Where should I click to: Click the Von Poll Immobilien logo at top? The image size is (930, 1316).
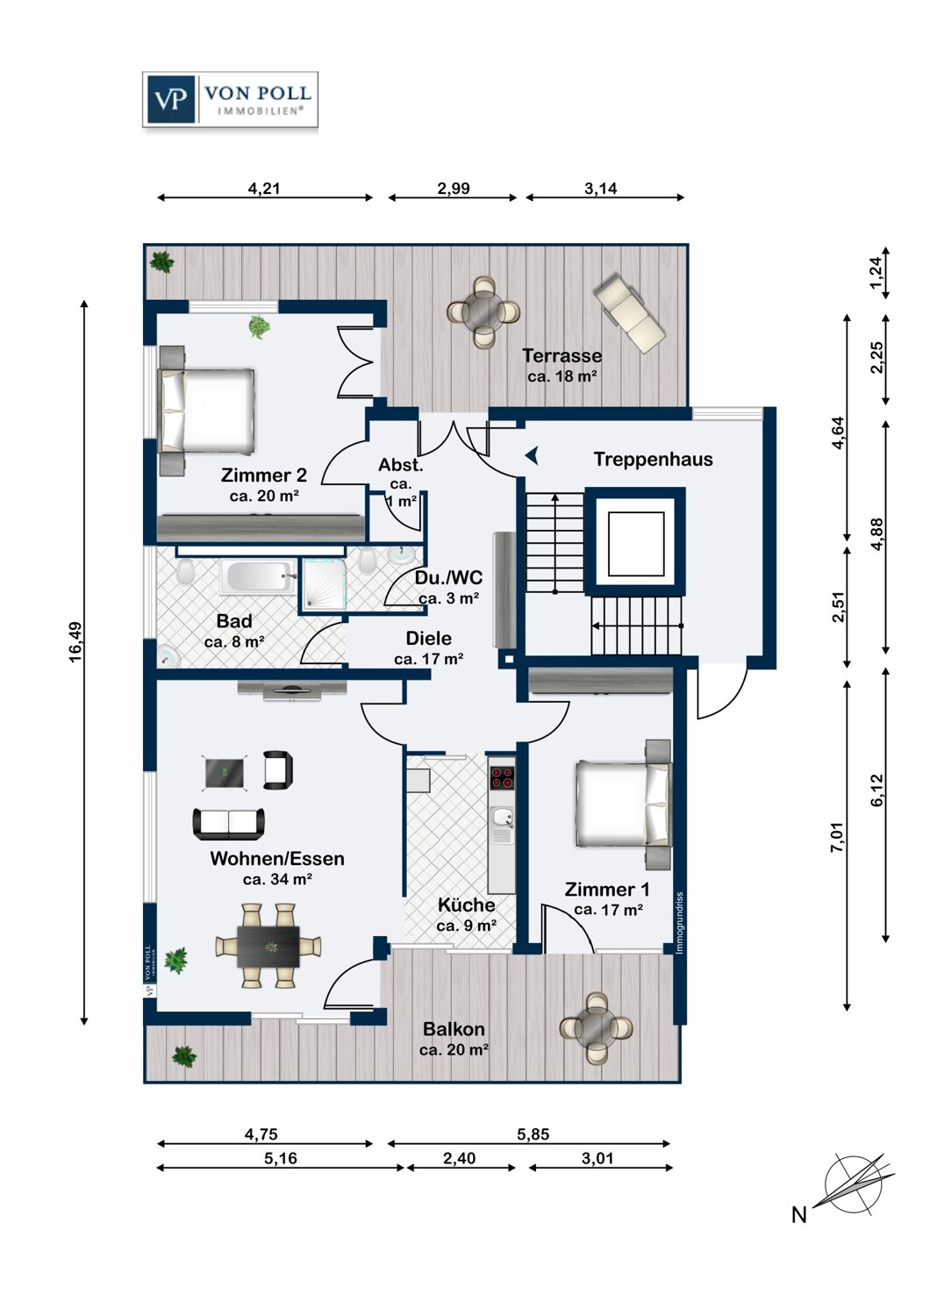(230, 100)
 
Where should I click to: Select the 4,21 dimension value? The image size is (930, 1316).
(264, 188)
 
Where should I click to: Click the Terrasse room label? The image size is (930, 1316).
(562, 355)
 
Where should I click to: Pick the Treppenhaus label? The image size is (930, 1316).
(653, 459)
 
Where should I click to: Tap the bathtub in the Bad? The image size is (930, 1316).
(258, 578)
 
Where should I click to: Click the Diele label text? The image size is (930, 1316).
(429, 639)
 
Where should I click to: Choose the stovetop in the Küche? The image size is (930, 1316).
(502, 777)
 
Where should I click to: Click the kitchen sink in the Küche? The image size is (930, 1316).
(502, 819)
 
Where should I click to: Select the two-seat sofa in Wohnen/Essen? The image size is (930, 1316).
(229, 823)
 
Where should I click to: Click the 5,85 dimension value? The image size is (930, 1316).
(533, 1134)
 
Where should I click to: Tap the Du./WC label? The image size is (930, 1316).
(448, 577)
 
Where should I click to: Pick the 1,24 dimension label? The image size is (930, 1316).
(876, 273)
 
